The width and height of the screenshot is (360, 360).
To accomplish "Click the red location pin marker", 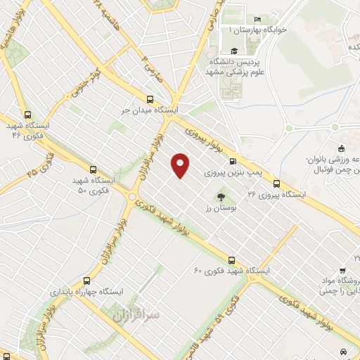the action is pos(181,165).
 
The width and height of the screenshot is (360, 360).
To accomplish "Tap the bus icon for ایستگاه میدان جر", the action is pos(149,100).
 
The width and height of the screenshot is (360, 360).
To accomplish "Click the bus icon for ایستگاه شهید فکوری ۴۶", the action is pos(27,115).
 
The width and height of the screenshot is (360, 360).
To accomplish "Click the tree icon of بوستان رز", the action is pos(222,198).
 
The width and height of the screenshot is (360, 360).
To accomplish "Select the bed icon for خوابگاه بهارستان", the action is pos(257,19).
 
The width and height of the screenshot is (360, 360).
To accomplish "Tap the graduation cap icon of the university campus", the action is pos(233,51).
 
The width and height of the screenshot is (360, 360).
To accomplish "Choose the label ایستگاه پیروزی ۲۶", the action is pos(278,193).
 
